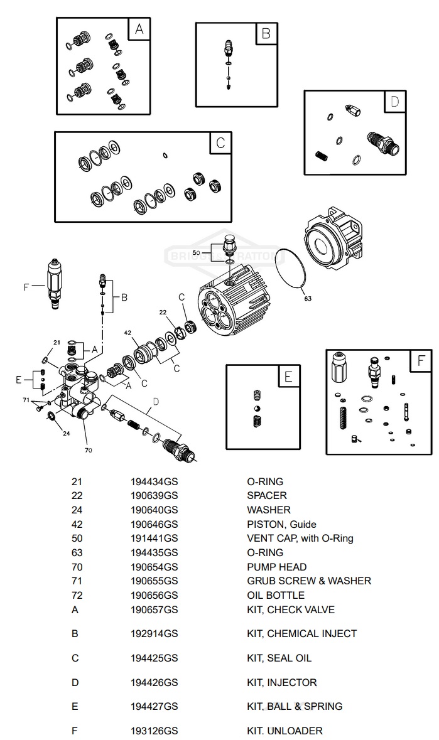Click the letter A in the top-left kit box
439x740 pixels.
139,29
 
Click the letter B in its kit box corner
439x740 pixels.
266,34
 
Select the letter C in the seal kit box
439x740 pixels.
220,142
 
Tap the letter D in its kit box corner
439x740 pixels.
394,102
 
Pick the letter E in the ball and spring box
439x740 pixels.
288,377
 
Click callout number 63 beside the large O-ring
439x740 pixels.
308,299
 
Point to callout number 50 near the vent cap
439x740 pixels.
197,252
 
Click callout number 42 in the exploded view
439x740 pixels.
127,333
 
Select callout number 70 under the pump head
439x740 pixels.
88,449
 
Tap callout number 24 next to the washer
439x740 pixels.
66,433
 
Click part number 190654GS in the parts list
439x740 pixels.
154,567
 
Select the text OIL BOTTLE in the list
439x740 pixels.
275,595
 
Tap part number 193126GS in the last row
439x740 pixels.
154,731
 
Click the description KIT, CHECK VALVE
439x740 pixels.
290,609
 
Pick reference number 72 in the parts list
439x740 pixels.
77,595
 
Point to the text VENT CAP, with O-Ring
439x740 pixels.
300,538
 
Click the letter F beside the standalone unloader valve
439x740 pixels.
27,287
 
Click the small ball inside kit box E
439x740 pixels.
256,409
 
